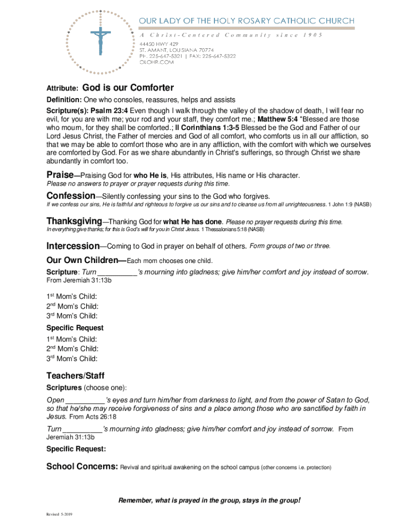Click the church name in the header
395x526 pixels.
[247, 21]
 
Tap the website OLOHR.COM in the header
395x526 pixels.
[157, 62]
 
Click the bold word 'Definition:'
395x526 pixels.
[64, 100]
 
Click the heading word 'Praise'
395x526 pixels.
[60, 175]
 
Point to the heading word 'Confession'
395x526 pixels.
[70, 196]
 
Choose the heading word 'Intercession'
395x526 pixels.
[73, 246]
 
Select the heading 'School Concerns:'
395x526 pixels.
[82, 467]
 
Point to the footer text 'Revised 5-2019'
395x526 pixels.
[59, 514]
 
